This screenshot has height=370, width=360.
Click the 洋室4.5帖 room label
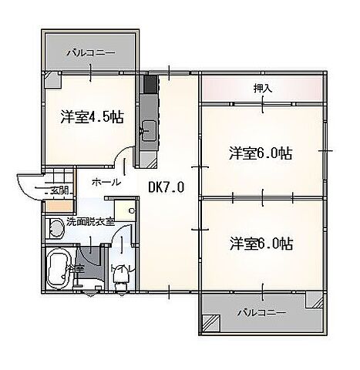(x=91, y=119)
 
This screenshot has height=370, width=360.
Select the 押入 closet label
(x=262, y=89)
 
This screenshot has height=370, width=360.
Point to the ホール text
(x=105, y=182)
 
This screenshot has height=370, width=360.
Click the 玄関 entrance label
(x=59, y=190)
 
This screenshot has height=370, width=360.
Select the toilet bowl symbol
(x=120, y=274)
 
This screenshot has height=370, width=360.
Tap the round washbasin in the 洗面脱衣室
(x=53, y=228)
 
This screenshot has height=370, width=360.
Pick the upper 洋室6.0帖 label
(x=260, y=152)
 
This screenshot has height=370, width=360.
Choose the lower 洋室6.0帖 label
(x=260, y=244)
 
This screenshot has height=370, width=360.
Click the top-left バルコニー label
(x=90, y=53)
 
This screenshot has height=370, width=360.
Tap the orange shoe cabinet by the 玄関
(x=55, y=206)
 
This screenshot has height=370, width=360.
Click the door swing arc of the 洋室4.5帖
(x=122, y=161)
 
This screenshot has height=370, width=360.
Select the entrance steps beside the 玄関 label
(x=30, y=187)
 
